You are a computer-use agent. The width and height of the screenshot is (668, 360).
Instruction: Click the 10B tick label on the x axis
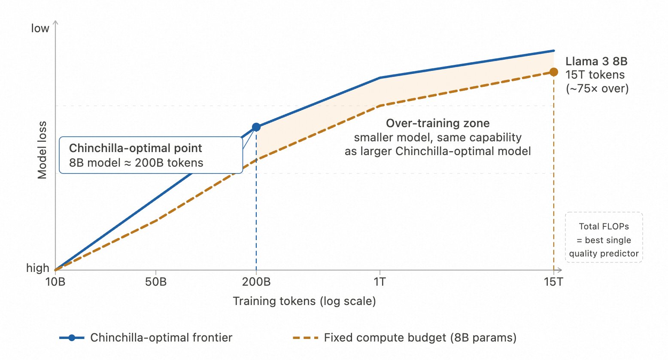tap(55, 282)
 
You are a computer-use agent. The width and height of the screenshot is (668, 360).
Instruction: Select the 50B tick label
tap(156, 282)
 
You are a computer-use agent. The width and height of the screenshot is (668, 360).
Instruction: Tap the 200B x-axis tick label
tap(256, 282)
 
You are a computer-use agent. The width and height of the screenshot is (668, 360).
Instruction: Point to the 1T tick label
tap(380, 282)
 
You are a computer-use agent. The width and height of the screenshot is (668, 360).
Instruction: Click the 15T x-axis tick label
tap(553, 282)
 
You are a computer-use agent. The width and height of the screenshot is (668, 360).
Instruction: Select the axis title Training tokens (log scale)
tap(304, 301)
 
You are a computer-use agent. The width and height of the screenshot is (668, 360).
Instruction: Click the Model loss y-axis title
tap(42, 150)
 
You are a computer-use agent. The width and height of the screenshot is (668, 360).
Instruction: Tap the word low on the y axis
tap(40, 28)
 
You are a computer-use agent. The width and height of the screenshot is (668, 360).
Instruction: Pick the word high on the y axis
tap(38, 268)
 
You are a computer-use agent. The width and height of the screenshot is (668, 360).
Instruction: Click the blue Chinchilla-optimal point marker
tap(256, 127)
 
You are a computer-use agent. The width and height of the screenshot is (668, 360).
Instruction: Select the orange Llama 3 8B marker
tap(554, 72)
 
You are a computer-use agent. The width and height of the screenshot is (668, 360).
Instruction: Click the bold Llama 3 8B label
tap(596, 61)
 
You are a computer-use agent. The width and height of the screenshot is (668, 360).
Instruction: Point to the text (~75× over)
tap(597, 88)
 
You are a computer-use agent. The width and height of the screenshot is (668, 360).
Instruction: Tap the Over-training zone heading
tap(437, 123)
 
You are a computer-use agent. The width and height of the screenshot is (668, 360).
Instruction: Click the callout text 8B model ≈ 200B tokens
tap(136, 163)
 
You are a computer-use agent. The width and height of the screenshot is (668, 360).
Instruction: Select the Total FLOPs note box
tap(604, 237)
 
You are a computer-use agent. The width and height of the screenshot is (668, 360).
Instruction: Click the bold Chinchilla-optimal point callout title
tap(135, 148)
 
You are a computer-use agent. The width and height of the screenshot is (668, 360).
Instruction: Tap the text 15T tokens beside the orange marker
tap(595, 75)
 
